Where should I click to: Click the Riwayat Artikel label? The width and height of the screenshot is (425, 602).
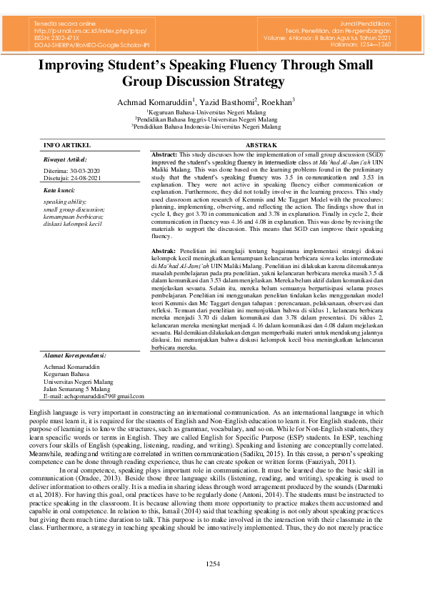[x=65, y=160]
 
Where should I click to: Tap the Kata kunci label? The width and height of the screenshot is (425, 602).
[x=59, y=191]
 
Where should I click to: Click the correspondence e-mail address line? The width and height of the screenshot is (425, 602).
[x=89, y=395]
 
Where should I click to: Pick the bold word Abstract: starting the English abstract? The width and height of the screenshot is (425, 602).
[x=165, y=154]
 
